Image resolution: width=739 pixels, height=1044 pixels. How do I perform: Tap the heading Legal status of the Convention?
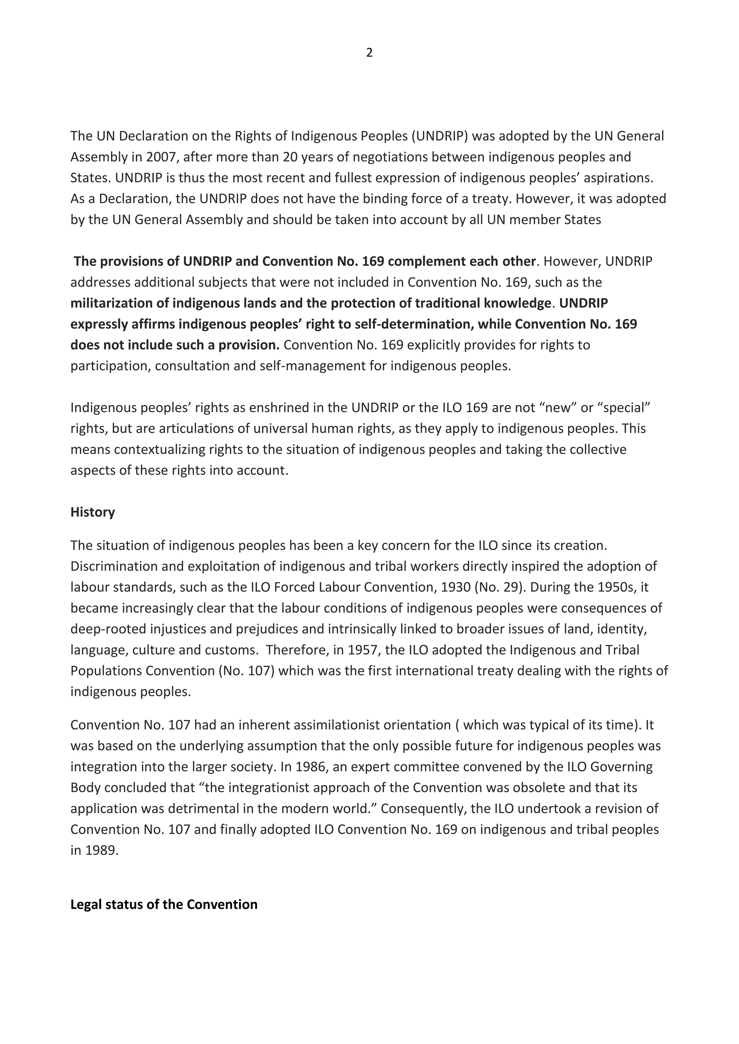point(164,904)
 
